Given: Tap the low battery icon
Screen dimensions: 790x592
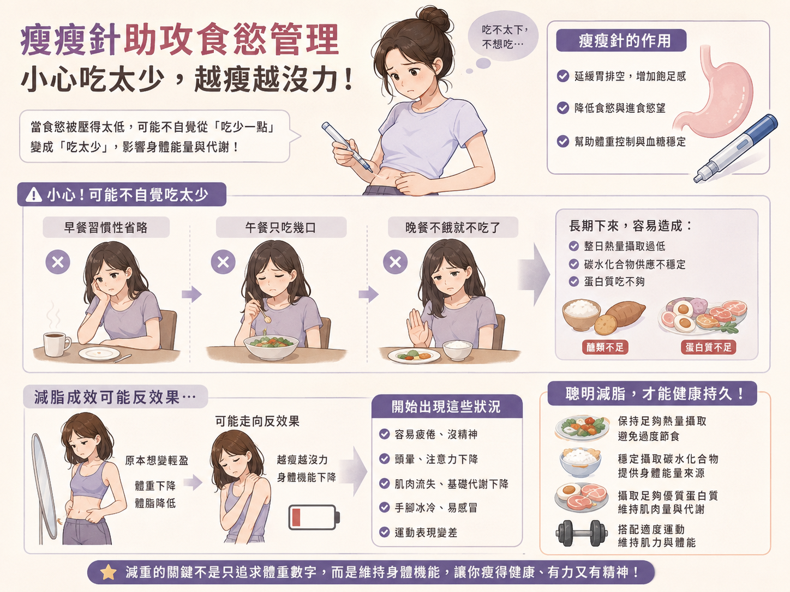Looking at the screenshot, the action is coord(314,517).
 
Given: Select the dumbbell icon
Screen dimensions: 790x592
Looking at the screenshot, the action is coord(582,534).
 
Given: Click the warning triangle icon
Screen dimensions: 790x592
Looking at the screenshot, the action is coord(34,195).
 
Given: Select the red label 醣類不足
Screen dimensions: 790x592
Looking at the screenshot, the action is coord(605,347).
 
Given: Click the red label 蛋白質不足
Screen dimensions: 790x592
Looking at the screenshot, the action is coord(708,347).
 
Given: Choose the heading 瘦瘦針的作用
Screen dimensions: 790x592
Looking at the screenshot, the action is coord(621,41).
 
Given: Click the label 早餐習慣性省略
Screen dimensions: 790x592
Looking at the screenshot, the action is coord(106,227).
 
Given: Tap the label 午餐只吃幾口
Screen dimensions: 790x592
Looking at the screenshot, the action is coord(281,227).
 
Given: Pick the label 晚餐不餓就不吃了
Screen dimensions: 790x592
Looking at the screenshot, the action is coord(453,227).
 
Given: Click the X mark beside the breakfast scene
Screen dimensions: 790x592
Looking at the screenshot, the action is coord(58,262).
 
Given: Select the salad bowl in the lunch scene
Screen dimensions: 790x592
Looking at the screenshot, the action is coord(271,347).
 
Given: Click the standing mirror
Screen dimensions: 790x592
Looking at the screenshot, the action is coord(44,487).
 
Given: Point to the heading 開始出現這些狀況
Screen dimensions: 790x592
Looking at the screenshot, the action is coord(446,407).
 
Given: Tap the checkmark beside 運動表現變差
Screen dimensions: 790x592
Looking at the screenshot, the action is coord(385,533).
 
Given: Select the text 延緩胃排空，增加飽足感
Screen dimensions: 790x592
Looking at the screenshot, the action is coord(630,76).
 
